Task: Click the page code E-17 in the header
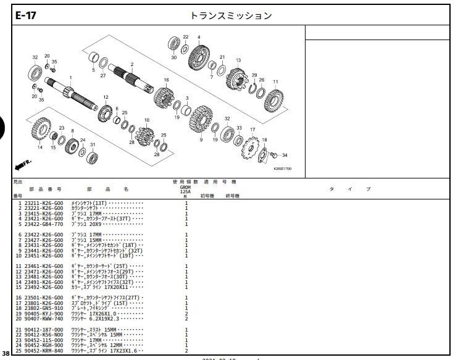pyautogui.click(x=26, y=16)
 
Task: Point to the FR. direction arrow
pyautogui.click(x=22, y=165)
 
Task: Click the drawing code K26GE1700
pyautogui.click(x=283, y=168)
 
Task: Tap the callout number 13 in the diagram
pyautogui.click(x=238, y=60)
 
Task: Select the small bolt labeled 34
pyautogui.click(x=275, y=154)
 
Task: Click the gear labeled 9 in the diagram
pyautogui.click(x=201, y=119)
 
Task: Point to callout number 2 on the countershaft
pyautogui.click(x=132, y=65)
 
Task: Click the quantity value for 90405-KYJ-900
pyautogui.click(x=186, y=314)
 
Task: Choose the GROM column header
pyautogui.click(x=185, y=186)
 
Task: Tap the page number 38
pyautogui.click(x=6, y=354)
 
